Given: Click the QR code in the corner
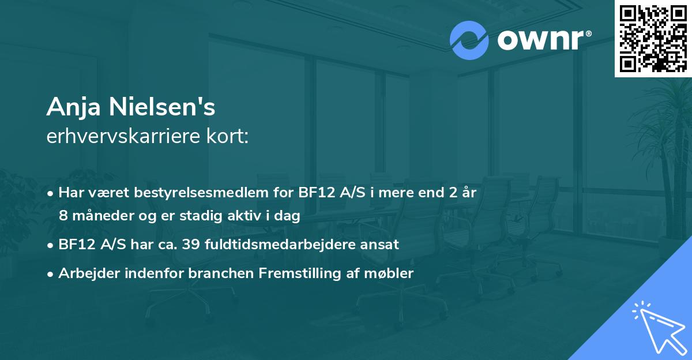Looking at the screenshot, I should (x=653, y=39).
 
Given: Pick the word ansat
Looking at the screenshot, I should (x=381, y=245).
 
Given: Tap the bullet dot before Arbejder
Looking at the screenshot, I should (x=51, y=274).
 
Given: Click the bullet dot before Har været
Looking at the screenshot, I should (x=51, y=193).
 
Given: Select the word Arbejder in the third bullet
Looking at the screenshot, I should (x=86, y=273).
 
